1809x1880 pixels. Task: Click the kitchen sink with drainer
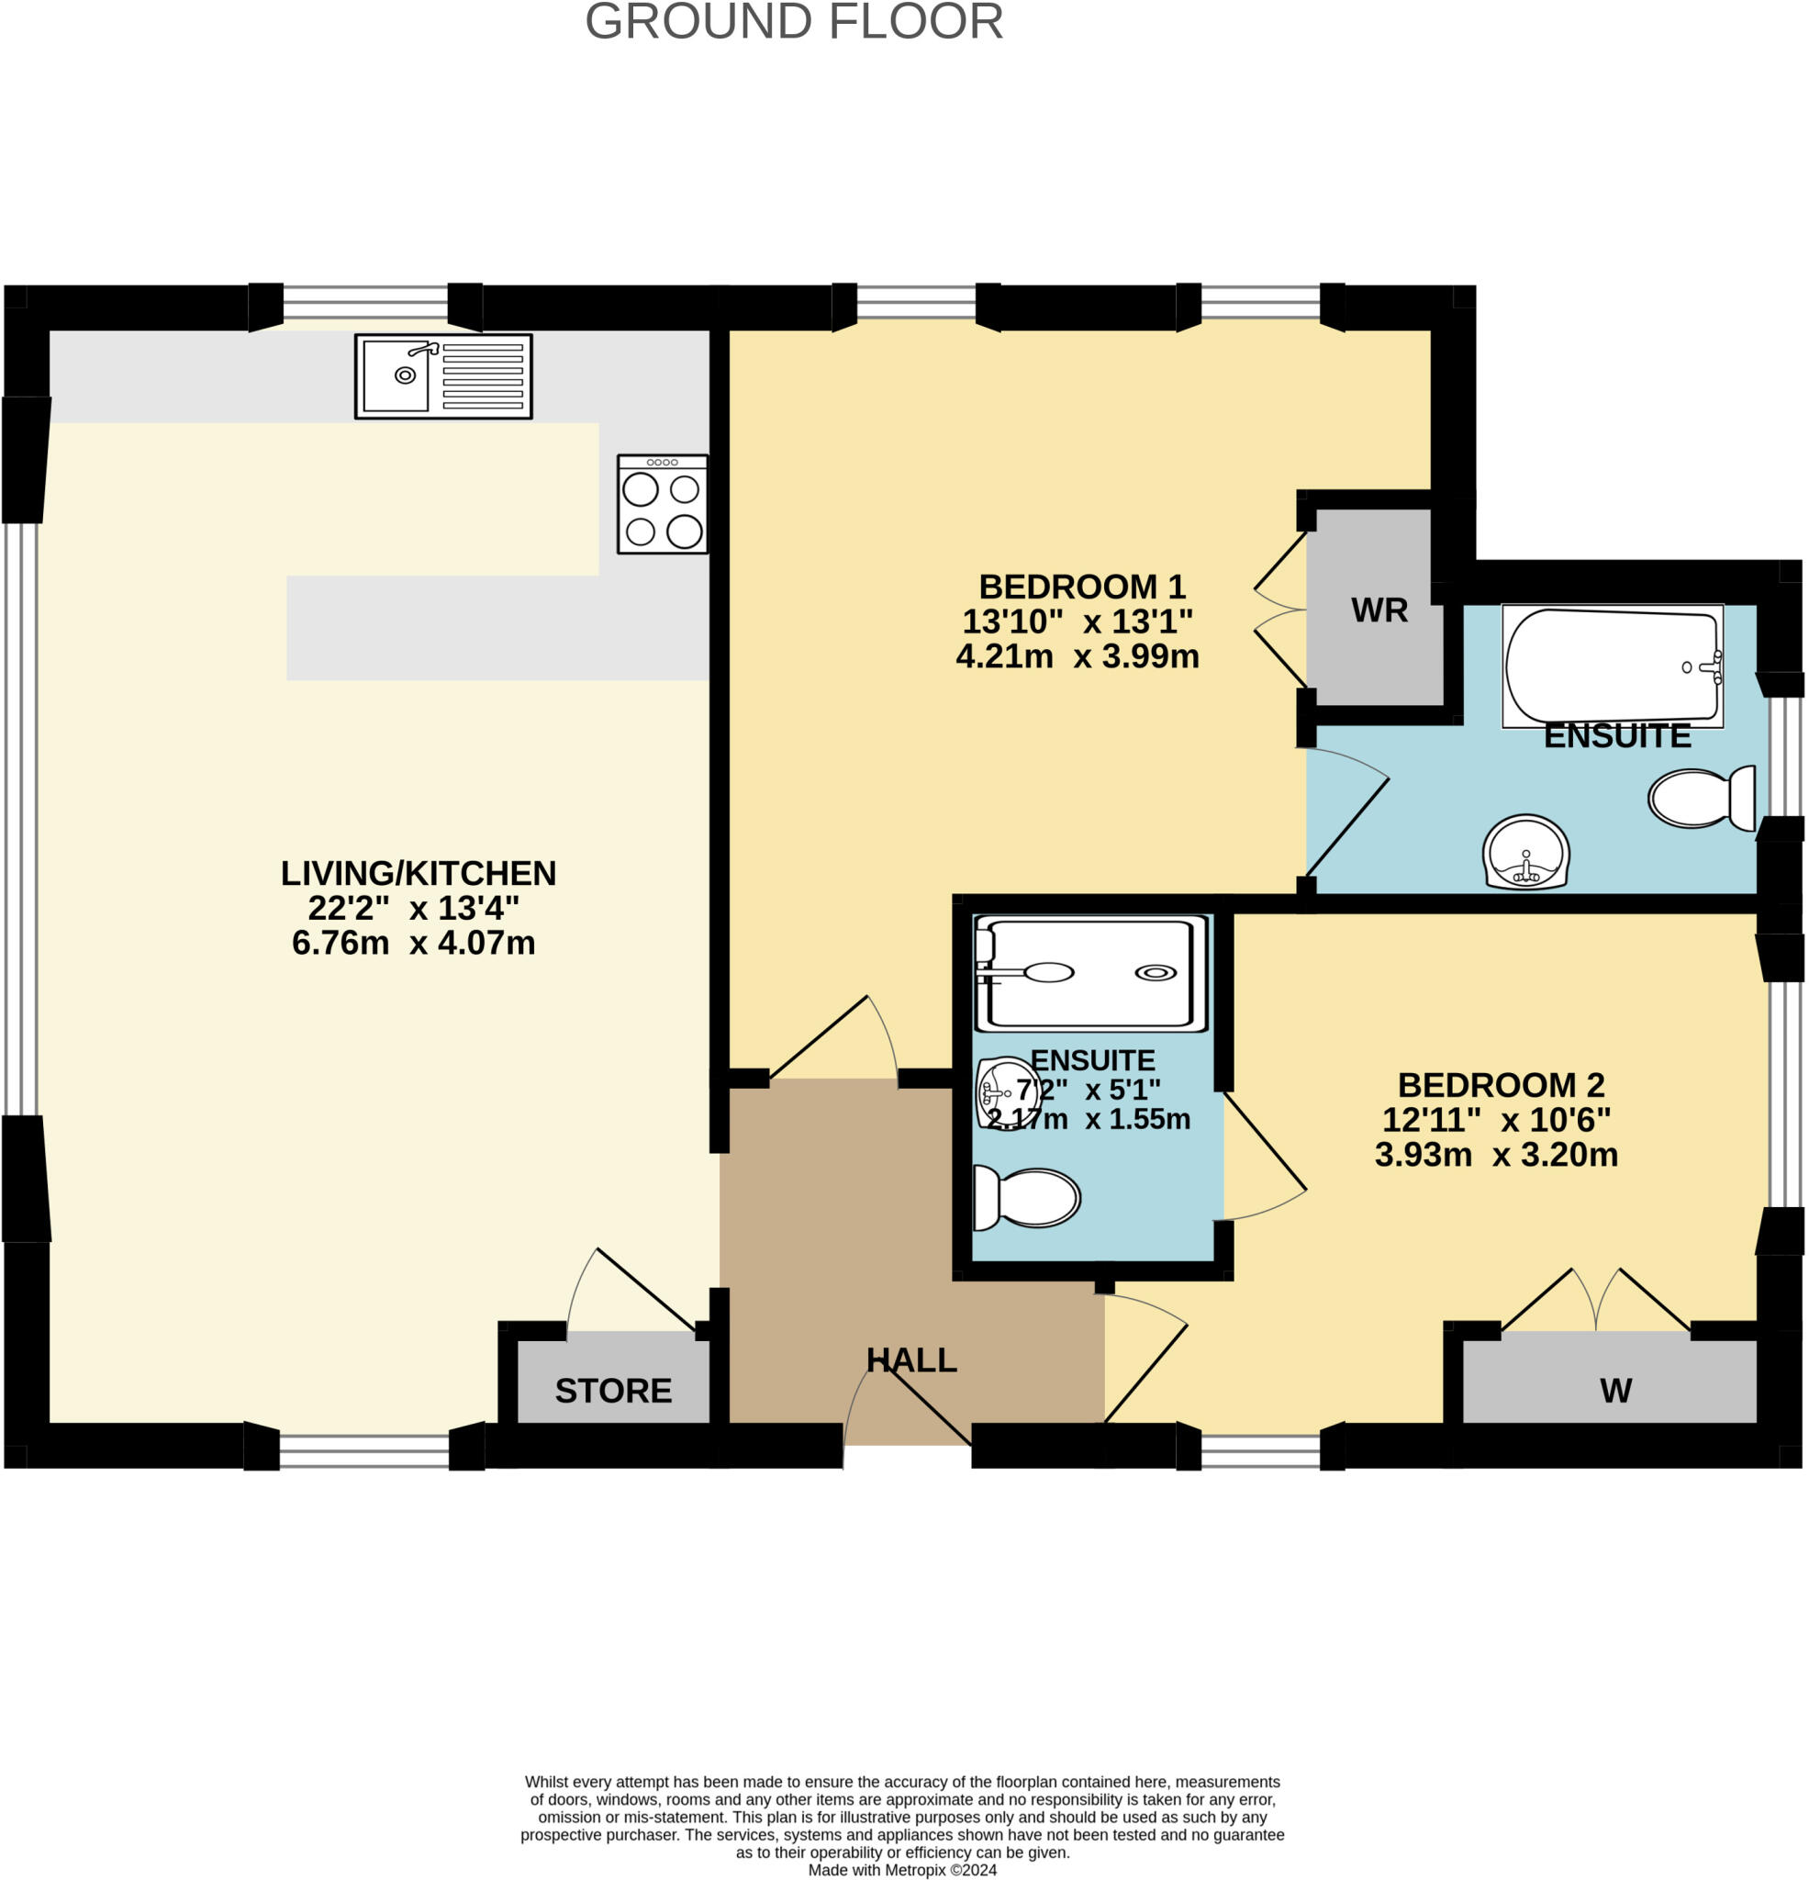coord(443,376)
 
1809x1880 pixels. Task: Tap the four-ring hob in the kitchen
coord(662,505)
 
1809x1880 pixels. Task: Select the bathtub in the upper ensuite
coord(1612,665)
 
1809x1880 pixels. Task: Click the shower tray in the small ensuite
coord(1090,974)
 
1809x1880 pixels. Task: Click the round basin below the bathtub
coord(1525,852)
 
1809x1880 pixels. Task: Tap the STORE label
coord(613,1391)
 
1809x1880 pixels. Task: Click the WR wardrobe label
coord(1379,610)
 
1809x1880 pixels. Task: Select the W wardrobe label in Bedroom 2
coord(1615,1391)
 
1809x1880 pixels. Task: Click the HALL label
coord(910,1360)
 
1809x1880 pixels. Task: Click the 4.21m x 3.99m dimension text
coord(1077,656)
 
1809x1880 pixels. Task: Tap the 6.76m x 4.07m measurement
coord(412,943)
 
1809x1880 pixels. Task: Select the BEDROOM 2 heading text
coord(1500,1085)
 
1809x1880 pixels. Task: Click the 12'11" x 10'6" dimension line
coord(1495,1119)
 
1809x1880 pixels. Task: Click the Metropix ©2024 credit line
coord(901,1870)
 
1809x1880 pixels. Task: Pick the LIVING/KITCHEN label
coord(418,873)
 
